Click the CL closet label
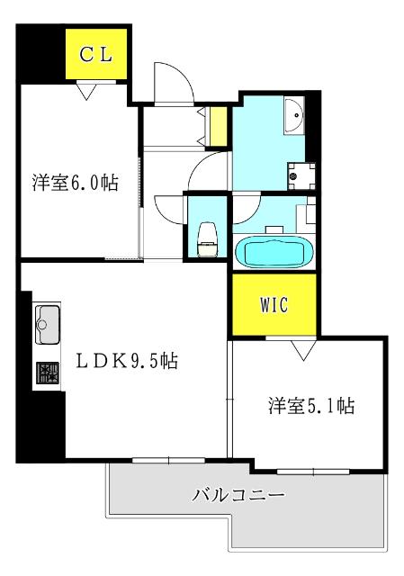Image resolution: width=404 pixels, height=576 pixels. click(x=95, y=54)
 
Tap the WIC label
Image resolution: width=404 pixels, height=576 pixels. click(x=274, y=304)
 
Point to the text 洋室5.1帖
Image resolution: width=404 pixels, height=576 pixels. click(x=311, y=405)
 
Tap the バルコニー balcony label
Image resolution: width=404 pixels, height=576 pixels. click(x=238, y=494)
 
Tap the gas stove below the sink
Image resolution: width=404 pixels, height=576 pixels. click(x=47, y=373)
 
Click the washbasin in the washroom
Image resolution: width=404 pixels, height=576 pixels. click(x=294, y=115)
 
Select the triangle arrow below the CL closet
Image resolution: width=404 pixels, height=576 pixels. click(x=87, y=89)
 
